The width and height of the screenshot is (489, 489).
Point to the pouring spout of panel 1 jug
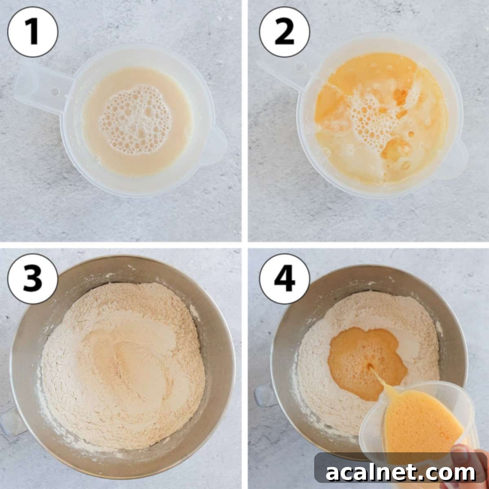pyautogui.click(x=216, y=145)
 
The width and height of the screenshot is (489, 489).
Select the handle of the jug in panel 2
pyautogui.click(x=281, y=71)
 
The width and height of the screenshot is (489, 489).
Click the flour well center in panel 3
pyautogui.click(x=126, y=359)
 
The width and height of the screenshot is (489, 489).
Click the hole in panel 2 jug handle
pyautogui.click(x=301, y=65)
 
